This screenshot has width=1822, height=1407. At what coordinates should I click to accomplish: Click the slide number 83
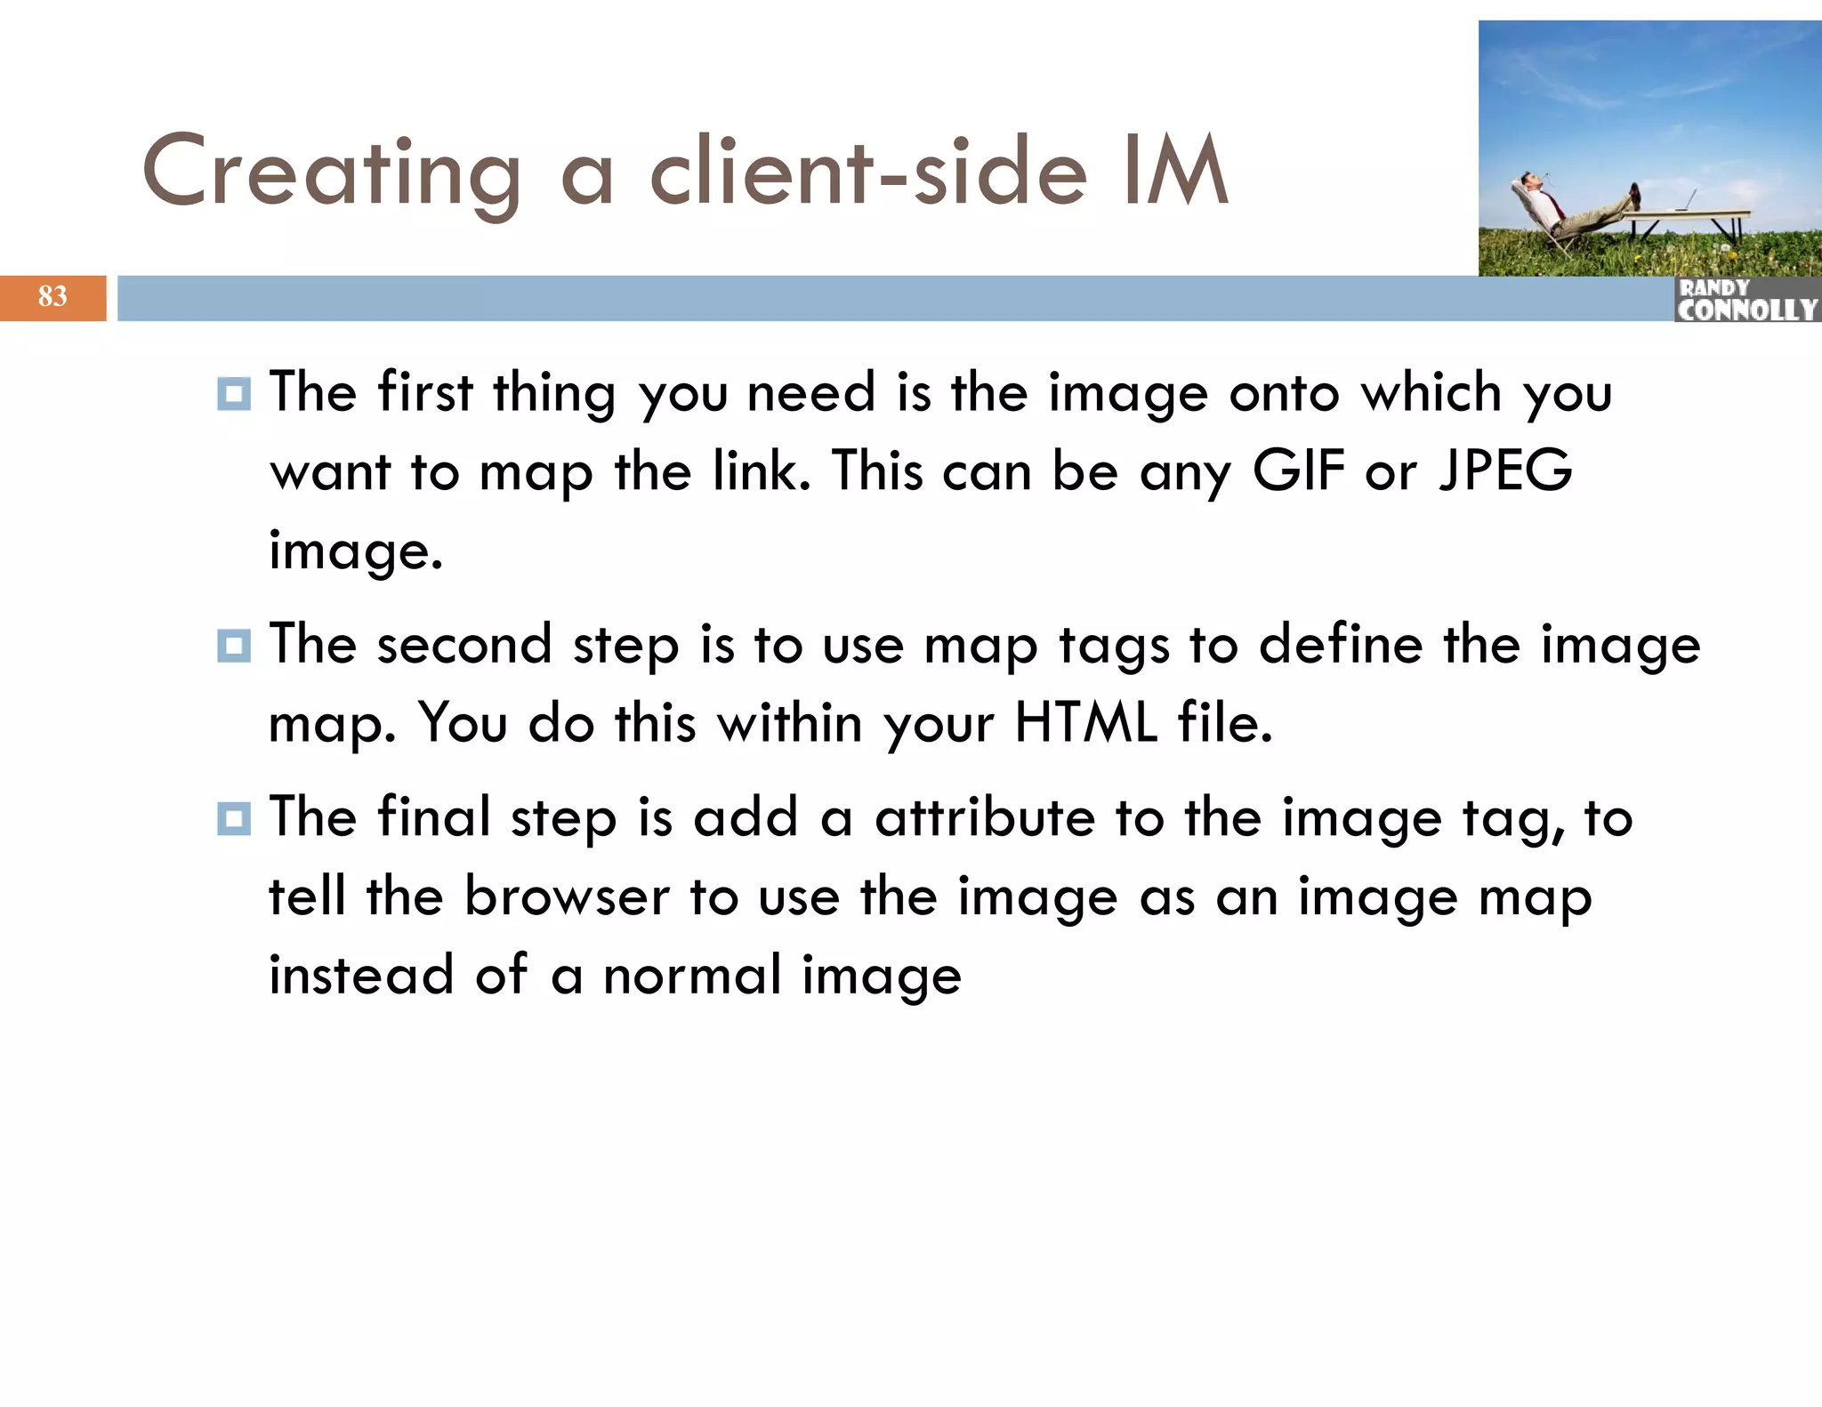(52, 296)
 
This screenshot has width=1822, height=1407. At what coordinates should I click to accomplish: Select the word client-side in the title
(868, 171)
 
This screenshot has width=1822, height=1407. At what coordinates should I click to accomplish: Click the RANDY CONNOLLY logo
(1746, 300)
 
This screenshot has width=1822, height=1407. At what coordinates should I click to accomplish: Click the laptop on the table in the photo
(1686, 201)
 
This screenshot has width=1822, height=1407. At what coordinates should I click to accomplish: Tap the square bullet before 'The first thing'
(234, 393)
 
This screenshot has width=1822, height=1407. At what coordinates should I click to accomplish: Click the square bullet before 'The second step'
(234, 645)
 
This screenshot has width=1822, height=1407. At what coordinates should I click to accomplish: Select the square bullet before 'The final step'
(234, 818)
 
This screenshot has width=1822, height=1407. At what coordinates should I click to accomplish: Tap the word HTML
(1086, 722)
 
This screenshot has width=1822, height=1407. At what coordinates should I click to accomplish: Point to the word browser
(567, 896)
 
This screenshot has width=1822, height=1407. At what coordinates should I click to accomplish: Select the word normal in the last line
(692, 975)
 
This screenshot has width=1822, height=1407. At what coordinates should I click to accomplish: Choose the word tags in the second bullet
(1114, 647)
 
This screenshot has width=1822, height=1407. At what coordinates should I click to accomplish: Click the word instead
(361, 975)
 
